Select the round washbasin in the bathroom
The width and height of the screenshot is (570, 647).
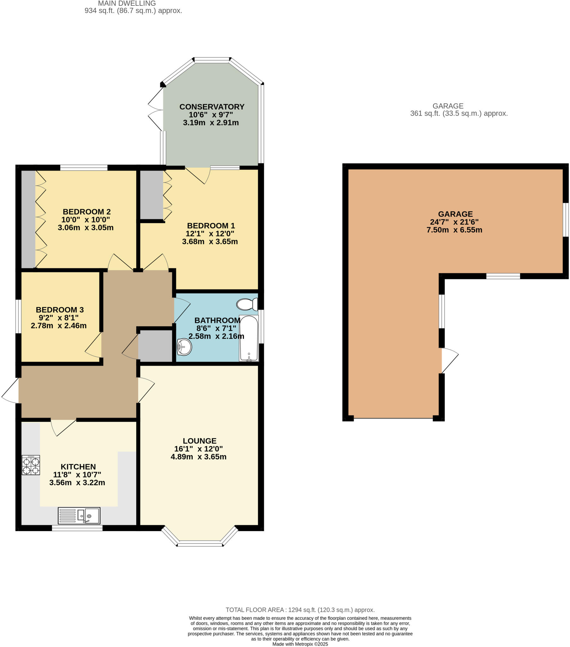click(x=184, y=347)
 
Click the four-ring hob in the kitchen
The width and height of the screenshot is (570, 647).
click(x=31, y=465)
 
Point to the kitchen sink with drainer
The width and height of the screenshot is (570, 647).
click(x=79, y=516)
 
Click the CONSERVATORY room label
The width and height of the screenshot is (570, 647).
click(x=211, y=107)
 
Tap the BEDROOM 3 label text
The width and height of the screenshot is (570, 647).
click(x=59, y=310)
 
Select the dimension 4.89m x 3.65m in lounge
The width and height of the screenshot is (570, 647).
click(x=198, y=457)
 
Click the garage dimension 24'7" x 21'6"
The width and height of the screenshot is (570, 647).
click(x=454, y=222)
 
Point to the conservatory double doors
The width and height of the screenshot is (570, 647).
click(x=156, y=109)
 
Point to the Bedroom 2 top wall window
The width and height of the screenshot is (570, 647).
click(x=84, y=168)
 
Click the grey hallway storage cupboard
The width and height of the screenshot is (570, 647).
click(x=155, y=345)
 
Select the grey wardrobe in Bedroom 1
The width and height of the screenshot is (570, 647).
click(x=151, y=194)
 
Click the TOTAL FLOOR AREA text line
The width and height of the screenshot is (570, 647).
click(x=300, y=610)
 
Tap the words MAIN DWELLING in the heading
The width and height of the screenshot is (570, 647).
click(x=127, y=3)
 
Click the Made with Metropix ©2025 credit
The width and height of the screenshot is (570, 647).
click(x=300, y=644)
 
